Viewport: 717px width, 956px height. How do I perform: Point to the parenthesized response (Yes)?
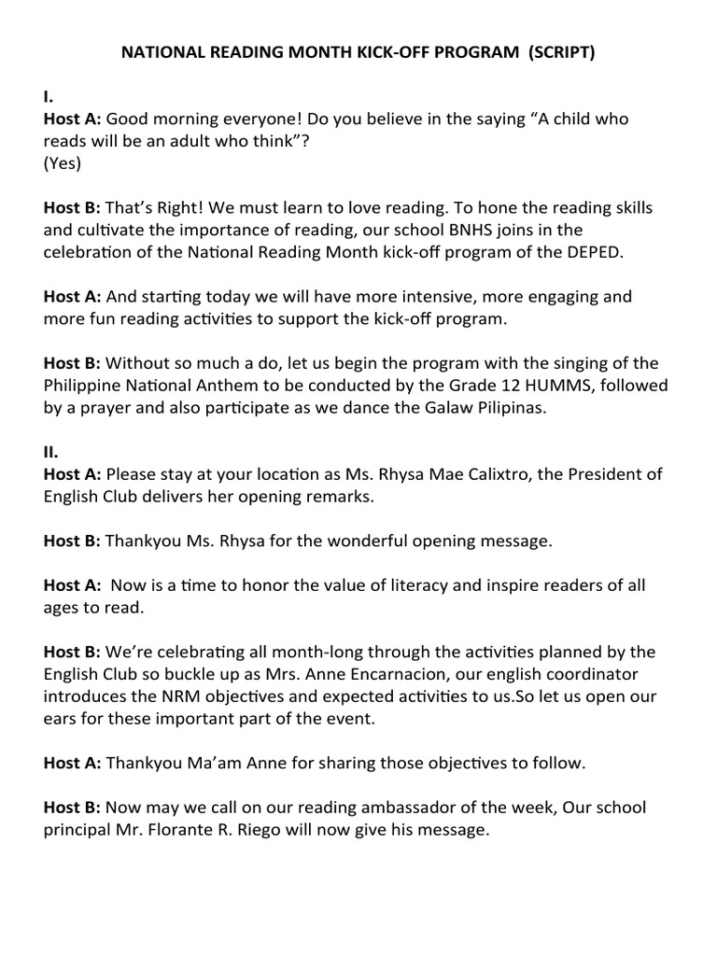63,163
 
